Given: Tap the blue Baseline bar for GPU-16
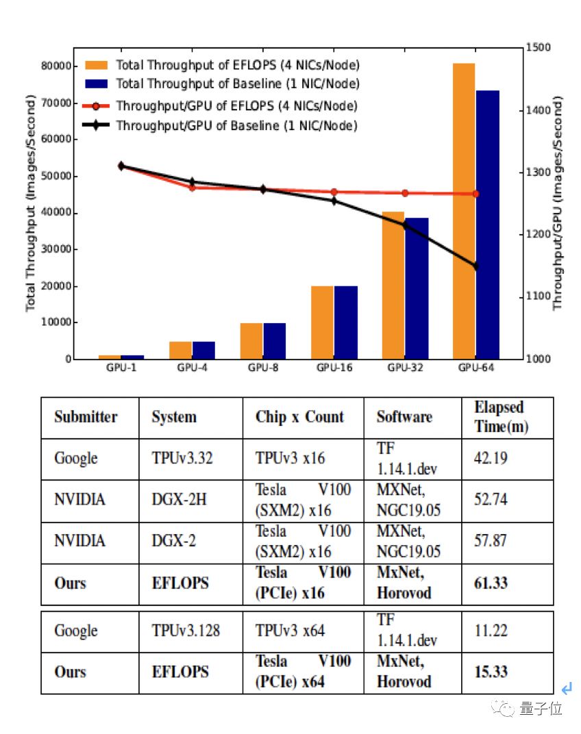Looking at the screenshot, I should click(x=346, y=322).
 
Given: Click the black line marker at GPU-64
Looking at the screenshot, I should click(x=475, y=266).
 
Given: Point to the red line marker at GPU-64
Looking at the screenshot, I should click(x=475, y=194).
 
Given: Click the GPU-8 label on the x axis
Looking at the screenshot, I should click(x=263, y=368).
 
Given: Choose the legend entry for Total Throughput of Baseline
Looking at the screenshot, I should click(x=237, y=84).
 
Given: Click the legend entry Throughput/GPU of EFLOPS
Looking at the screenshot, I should click(x=236, y=106).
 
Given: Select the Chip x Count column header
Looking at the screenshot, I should click(x=299, y=417).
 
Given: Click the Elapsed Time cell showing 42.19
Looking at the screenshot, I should click(x=491, y=458).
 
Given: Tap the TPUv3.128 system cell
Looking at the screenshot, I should click(x=186, y=630).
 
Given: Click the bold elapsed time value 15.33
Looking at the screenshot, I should click(x=491, y=672).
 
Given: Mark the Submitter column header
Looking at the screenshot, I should click(x=86, y=417).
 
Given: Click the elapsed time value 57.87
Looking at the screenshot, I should click(x=491, y=541).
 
